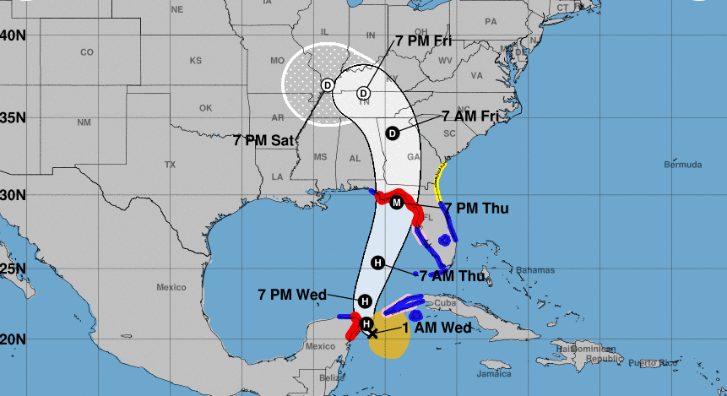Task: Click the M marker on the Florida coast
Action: click(397, 203)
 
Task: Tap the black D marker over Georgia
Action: click(392, 133)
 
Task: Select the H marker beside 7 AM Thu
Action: click(378, 263)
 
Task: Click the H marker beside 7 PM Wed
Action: click(365, 301)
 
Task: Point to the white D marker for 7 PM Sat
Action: click(327, 84)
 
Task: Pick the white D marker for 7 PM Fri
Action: click(364, 93)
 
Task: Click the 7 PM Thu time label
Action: click(476, 208)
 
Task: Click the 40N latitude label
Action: click(14, 35)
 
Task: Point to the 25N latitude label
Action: click(14, 269)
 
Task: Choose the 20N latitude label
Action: click(14, 339)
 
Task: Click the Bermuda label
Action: click(683, 165)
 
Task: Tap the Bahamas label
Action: click(535, 270)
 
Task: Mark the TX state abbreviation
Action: click(170, 165)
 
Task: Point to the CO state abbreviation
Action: click(87, 52)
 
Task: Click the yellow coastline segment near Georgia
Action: click(439, 182)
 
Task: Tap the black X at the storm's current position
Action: click(372, 333)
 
